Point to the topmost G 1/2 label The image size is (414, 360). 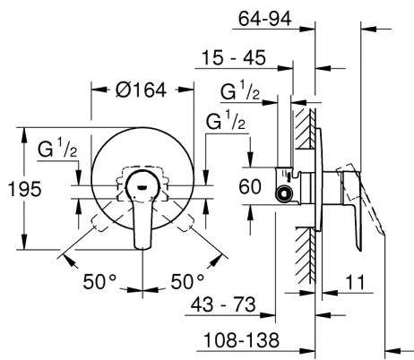(x=240, y=91)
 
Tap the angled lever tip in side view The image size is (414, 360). (x=376, y=233)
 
